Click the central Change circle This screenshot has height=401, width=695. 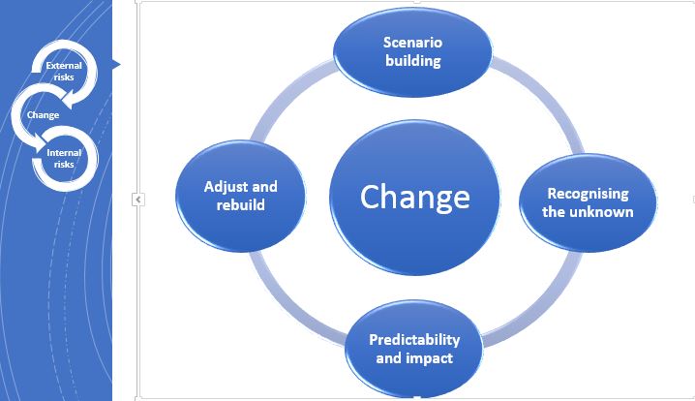415,198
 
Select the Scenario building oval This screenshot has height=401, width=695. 412,52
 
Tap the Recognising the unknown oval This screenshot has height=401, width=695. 588,202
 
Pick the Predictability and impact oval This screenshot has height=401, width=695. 414,349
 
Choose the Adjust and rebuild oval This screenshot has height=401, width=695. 241,196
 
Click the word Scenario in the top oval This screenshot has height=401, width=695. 412,43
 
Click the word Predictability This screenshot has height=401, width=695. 414,340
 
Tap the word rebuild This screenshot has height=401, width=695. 241,205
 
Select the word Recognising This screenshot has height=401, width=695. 588,194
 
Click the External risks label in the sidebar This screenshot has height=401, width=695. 64,71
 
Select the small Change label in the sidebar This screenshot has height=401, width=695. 43,115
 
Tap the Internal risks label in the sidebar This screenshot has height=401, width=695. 64,158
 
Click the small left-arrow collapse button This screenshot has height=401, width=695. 138,200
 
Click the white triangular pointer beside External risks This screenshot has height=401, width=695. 116,65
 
